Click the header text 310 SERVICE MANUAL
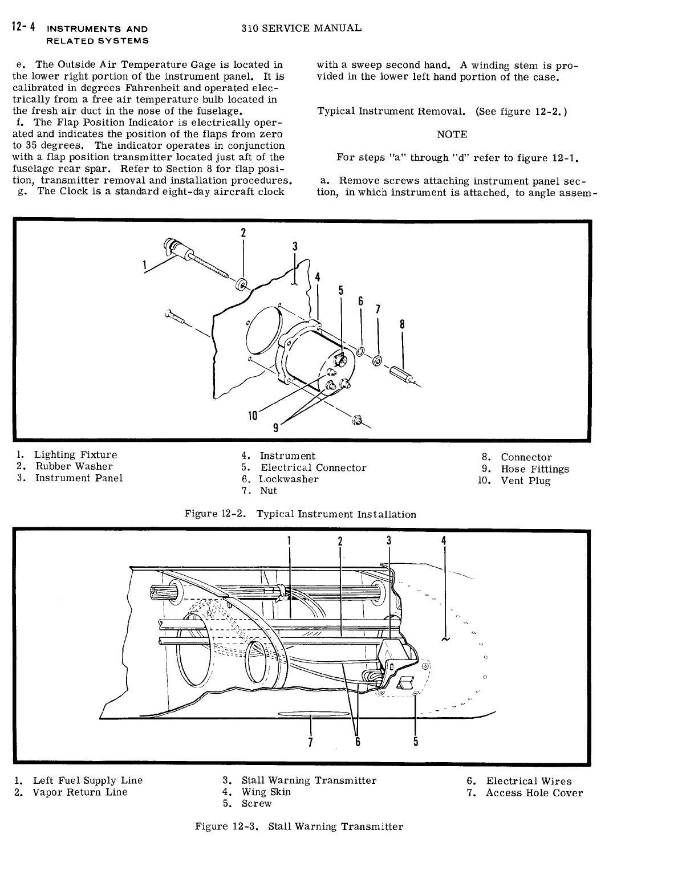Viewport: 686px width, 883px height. click(x=301, y=28)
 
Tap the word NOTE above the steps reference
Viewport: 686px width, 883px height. click(x=452, y=135)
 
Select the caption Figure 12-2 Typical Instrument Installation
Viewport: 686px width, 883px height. click(x=301, y=514)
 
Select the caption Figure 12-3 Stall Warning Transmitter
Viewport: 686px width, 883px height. click(x=299, y=827)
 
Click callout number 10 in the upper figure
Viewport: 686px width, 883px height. click(x=252, y=416)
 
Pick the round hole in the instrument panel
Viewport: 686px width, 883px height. click(x=263, y=337)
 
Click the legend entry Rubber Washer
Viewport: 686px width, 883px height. click(x=74, y=466)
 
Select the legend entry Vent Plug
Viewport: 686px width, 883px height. click(x=525, y=481)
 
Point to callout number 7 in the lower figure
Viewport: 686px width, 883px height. click(x=310, y=742)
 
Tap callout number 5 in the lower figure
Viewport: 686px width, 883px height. click(x=416, y=741)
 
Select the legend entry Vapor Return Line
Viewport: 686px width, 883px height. click(x=80, y=792)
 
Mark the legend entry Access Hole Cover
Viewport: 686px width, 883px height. click(x=534, y=793)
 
